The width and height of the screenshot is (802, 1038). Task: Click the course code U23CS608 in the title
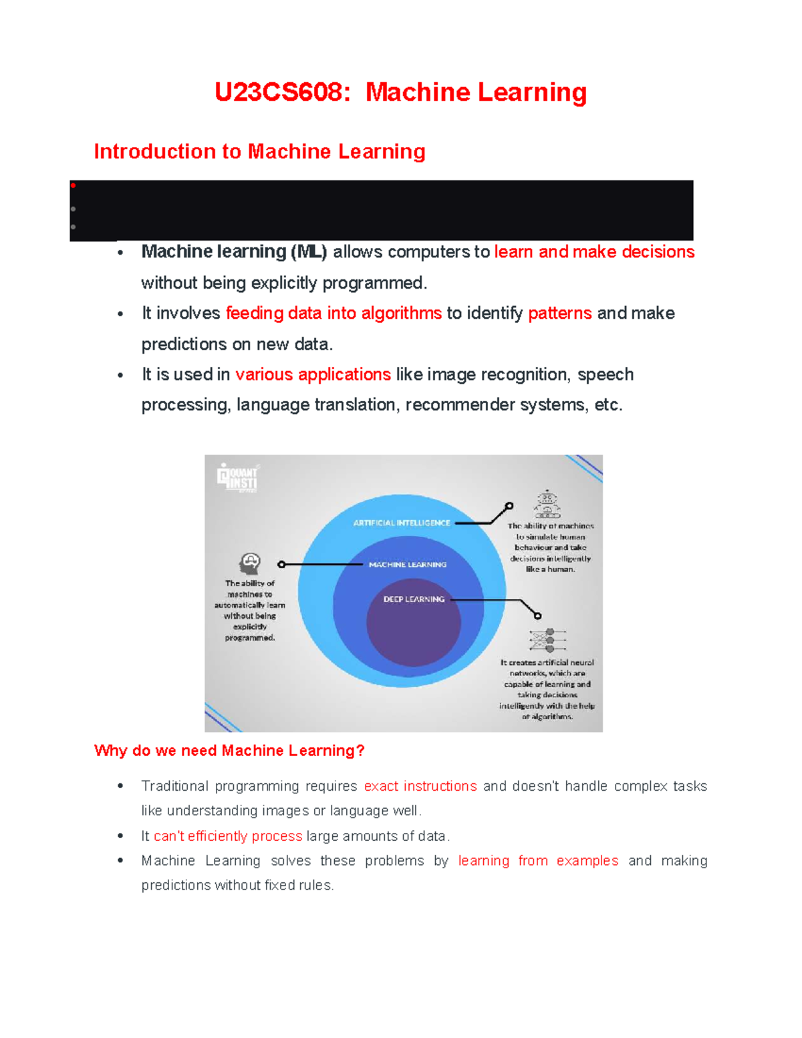point(281,92)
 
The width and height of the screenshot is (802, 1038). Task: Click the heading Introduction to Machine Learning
point(259,152)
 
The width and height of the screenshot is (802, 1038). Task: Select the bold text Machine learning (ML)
point(234,252)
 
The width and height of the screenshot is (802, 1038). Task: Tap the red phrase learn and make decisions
point(594,252)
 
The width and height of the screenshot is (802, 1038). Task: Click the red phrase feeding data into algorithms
point(333,313)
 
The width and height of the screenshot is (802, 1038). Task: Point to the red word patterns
point(559,313)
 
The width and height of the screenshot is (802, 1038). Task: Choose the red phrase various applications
point(313,374)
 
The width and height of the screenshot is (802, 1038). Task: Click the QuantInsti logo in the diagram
point(237,477)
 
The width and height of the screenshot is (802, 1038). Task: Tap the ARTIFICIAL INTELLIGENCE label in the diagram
point(402,523)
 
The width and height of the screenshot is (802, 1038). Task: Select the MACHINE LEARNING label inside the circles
point(408,565)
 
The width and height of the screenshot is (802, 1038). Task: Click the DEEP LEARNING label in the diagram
point(414,599)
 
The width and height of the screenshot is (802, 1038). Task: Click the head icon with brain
point(250,563)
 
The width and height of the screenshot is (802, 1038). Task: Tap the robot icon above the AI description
point(547,505)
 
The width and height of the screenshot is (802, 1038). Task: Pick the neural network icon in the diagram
point(548,640)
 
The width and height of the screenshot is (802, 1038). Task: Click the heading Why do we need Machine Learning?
point(229,751)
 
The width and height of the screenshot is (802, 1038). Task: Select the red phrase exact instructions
point(420,786)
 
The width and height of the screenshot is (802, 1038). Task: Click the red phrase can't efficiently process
point(228,836)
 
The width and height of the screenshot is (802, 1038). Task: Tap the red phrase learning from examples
point(538,861)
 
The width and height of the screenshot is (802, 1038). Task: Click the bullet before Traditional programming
point(120,786)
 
